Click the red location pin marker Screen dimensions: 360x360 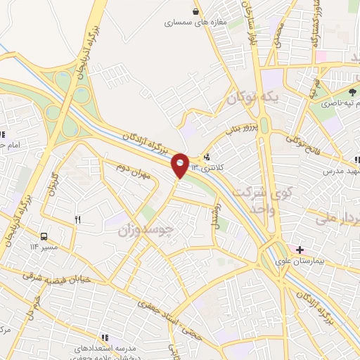[180, 165]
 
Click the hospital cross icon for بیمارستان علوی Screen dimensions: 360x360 [300, 250]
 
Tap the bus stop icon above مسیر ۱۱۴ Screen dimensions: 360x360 [44, 236]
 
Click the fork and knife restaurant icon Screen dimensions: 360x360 [77, 219]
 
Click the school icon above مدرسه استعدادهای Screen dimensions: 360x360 [105, 337]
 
